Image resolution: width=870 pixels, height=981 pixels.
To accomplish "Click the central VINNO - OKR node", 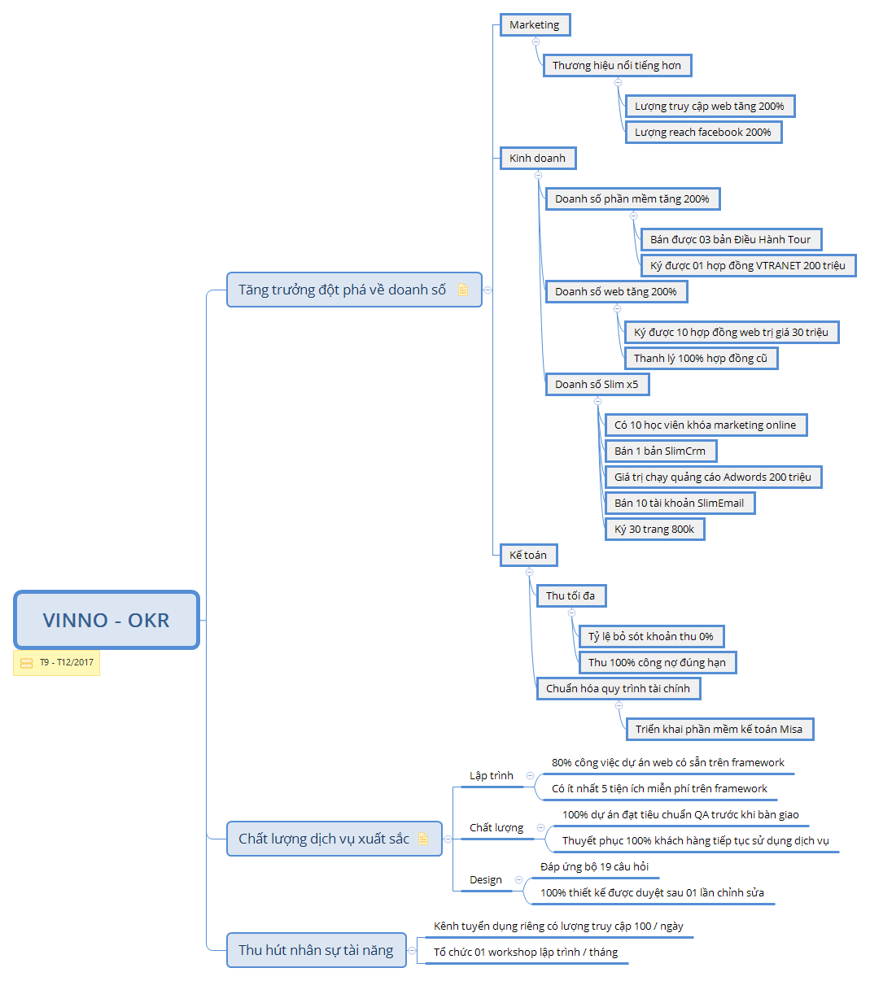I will [107, 620].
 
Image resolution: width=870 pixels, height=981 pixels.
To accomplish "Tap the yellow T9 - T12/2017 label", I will [57, 663].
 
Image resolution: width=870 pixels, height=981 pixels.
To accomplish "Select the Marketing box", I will [535, 25].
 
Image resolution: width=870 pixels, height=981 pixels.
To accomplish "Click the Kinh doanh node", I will [537, 159].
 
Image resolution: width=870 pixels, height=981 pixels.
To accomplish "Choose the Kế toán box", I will [528, 556].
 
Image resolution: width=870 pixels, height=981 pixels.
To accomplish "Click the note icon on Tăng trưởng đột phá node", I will [463, 290].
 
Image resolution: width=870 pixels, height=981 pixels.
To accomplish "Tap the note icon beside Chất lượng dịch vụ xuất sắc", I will [422, 839].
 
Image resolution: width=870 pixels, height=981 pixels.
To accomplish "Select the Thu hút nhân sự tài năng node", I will [316, 950].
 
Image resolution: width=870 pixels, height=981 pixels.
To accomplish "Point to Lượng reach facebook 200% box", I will [702, 133].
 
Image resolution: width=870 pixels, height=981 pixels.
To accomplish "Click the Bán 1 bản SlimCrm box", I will [660, 451].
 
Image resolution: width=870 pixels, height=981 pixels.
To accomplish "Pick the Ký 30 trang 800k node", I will [654, 530].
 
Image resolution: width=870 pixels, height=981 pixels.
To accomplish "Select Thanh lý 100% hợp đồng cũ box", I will [701, 359].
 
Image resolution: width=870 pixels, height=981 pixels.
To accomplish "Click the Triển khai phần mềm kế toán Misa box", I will [719, 730].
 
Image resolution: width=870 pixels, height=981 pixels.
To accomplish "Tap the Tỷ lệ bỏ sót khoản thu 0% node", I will [651, 637].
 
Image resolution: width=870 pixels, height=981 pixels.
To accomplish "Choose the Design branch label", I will [486, 880].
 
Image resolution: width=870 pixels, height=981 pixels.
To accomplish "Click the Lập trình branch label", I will [492, 776].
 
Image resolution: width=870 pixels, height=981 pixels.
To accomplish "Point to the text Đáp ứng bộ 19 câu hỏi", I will [594, 867].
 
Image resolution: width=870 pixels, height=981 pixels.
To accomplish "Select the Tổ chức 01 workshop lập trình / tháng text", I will [526, 953].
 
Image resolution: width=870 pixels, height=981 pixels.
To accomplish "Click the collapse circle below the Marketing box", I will [536, 41].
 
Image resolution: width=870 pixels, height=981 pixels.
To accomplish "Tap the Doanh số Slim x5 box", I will [597, 385].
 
